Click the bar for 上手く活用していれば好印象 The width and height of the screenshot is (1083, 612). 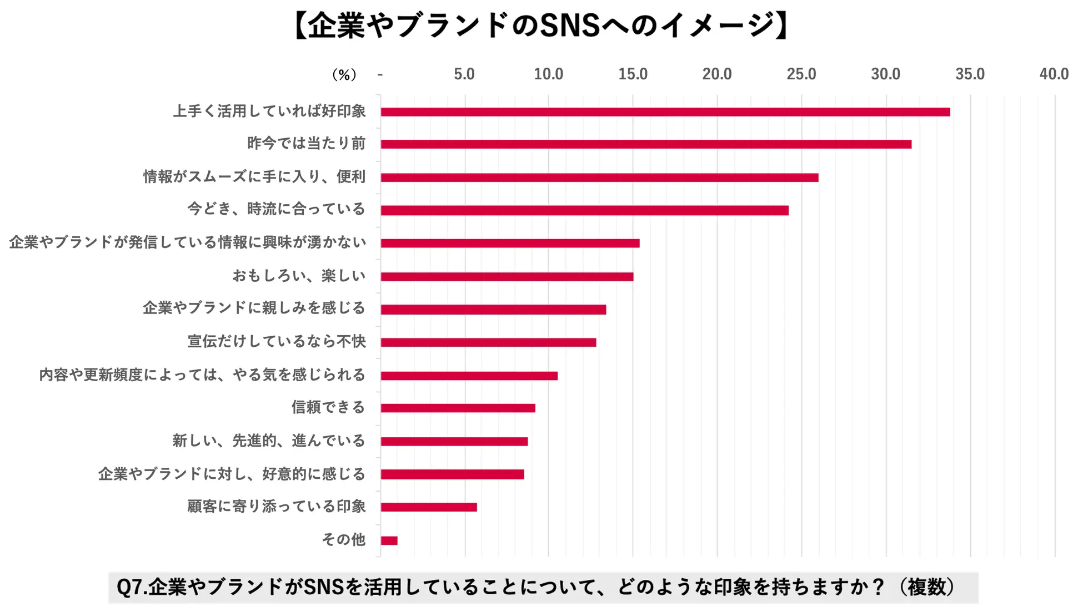(665, 112)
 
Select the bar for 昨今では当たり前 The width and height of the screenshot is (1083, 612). (646, 144)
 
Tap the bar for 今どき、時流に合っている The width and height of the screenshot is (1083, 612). (584, 210)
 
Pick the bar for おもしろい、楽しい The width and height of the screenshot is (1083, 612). (507, 276)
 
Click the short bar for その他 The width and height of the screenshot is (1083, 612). (389, 540)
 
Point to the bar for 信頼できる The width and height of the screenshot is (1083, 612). (458, 408)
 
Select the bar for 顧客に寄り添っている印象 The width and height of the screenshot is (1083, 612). (429, 507)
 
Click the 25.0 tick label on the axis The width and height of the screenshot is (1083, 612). (801, 74)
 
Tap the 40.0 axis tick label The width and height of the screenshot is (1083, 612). (1054, 74)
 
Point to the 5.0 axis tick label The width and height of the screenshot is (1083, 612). (464, 74)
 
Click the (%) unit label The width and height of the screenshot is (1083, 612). (344, 75)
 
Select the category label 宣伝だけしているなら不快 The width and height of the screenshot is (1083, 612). (277, 341)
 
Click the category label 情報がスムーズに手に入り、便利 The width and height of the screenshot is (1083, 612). (254, 176)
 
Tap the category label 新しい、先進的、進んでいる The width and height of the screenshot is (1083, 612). (269, 441)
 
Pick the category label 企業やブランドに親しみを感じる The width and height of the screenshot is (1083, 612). (254, 308)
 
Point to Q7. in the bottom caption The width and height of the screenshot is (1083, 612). (132, 588)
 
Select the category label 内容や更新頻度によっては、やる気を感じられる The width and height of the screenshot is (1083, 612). (202, 375)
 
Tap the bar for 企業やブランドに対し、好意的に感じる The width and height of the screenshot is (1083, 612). (452, 474)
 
